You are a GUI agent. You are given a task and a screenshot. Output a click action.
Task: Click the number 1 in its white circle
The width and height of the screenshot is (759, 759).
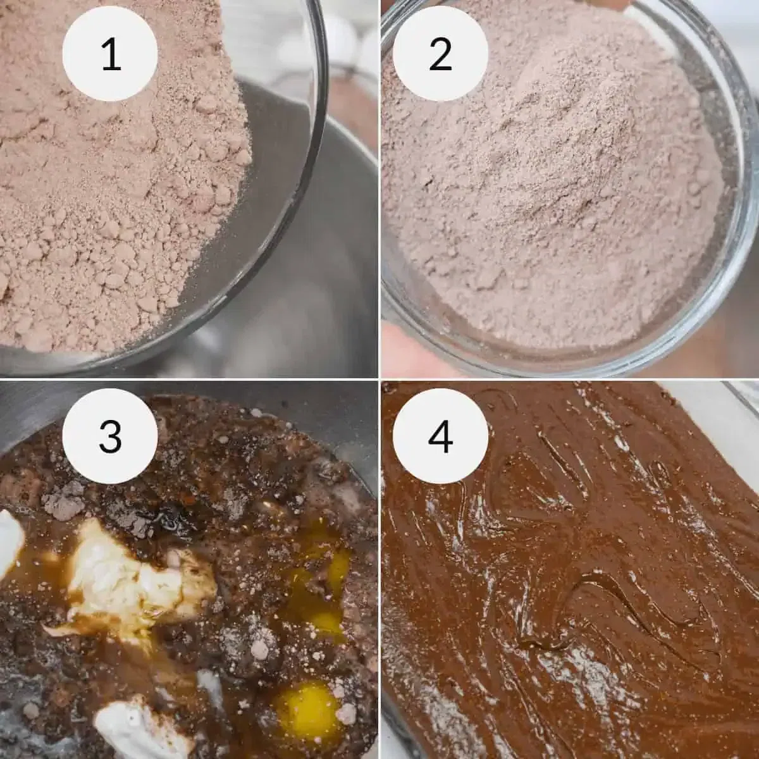(x=110, y=54)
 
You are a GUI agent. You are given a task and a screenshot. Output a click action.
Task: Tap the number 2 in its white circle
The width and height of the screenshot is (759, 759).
(x=440, y=54)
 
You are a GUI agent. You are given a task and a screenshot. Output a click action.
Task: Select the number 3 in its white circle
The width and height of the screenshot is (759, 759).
(x=110, y=436)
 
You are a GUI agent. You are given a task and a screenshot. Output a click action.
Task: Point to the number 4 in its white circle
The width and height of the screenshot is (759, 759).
(x=440, y=436)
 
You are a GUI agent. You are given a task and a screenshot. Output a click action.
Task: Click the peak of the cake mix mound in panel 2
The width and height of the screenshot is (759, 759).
(x=544, y=145)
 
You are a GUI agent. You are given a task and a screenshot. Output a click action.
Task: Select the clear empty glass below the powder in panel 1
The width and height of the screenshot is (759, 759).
(x=266, y=209)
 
